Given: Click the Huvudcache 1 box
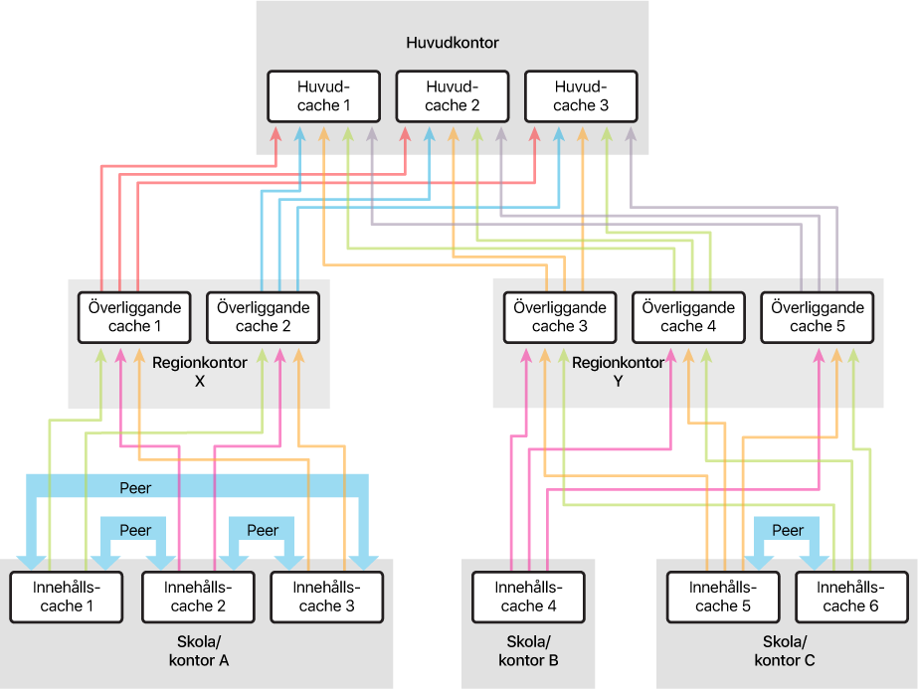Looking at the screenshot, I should [x=324, y=96].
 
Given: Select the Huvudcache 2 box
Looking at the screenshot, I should [x=453, y=96].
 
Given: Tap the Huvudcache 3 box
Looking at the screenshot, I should [x=581, y=96].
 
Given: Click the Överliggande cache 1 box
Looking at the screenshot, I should [x=134, y=317].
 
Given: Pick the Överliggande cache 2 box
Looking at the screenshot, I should [x=263, y=317].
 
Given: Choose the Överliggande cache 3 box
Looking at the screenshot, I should [x=560, y=317].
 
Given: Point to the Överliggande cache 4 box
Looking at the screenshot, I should [x=688, y=317].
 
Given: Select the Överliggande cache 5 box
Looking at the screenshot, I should [x=817, y=317].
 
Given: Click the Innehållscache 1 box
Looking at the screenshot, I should [x=67, y=597].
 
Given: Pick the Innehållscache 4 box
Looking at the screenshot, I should [x=527, y=597].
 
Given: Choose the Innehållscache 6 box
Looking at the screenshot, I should [x=851, y=597].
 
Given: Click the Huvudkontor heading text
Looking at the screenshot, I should [x=453, y=43].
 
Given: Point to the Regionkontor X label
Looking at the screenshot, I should [x=198, y=372].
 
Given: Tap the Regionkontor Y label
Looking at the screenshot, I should [x=618, y=372].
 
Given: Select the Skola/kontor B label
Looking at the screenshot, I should [x=527, y=650].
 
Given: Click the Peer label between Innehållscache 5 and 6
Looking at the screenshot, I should [x=788, y=530].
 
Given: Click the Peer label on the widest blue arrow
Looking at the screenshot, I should [x=135, y=488].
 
